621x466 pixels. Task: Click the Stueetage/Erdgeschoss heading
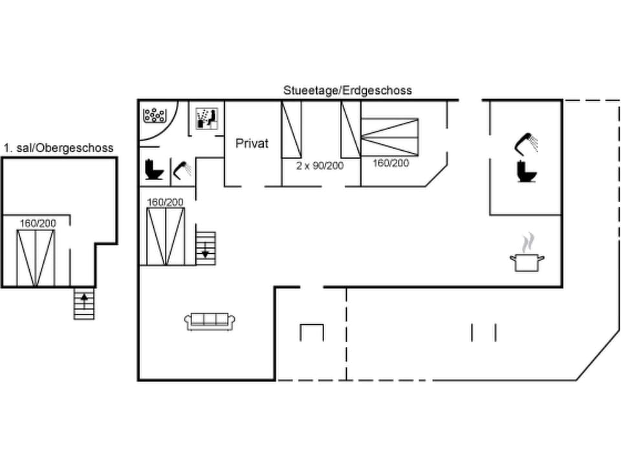[x=347, y=91]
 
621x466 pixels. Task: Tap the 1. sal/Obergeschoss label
[x=58, y=148]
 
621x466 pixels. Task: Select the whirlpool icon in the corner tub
[x=155, y=115]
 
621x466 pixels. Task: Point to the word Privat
[x=252, y=144]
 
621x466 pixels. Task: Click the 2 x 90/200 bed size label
[x=320, y=166]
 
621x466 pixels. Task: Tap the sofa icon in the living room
[x=210, y=320]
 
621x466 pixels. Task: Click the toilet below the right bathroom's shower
[x=525, y=172]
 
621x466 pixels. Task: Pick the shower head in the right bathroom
[x=527, y=142]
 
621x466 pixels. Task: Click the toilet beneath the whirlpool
[x=155, y=170]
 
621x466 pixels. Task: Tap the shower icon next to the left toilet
[x=182, y=170]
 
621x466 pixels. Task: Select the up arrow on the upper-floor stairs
[x=83, y=301]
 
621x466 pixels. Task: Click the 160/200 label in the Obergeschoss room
[x=38, y=223]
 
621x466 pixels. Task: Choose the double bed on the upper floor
[x=36, y=258]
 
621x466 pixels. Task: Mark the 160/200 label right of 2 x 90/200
[x=391, y=163]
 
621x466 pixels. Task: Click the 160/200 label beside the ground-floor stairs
[x=165, y=202]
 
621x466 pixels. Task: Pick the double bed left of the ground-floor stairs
[x=166, y=236]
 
